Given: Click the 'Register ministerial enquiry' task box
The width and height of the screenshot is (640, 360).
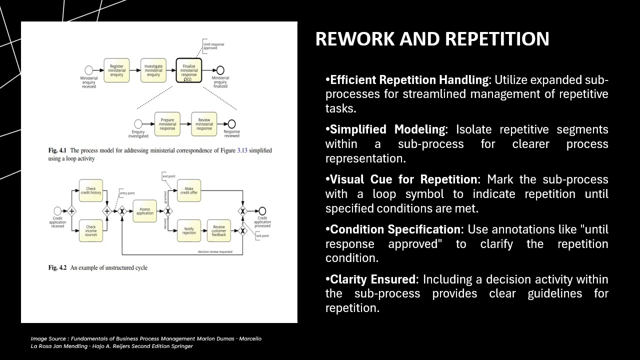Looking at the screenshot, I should tap(116, 70).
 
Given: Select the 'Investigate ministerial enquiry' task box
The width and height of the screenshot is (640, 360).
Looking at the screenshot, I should tap(153, 70).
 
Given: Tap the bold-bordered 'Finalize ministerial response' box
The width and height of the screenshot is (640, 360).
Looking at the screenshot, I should tap(189, 71).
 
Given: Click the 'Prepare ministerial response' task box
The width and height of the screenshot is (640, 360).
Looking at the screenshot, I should tap(167, 124).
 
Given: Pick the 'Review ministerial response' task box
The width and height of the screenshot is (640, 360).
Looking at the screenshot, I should tap(204, 124).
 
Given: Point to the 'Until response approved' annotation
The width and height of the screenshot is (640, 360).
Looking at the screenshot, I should tap(213, 46).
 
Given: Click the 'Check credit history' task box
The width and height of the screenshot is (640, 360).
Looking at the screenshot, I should tap(91, 190).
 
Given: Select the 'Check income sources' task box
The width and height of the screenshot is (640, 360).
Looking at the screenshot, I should tap(91, 231).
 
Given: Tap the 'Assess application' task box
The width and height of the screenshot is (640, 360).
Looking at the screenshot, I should tap(145, 211).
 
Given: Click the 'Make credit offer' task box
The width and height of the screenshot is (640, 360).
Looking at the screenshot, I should tap(188, 190).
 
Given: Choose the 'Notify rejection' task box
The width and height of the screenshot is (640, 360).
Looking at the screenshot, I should tap(188, 231).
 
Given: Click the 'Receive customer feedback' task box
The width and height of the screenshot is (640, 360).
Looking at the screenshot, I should tap(218, 231).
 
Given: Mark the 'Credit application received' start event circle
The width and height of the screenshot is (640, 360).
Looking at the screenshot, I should tap(57, 211).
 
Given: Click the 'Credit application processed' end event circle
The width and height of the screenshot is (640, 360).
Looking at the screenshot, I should tap(262, 211).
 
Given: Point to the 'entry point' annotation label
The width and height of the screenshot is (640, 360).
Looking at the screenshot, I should tap(127, 193).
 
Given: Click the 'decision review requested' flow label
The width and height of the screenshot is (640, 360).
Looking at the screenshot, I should tap(215, 251).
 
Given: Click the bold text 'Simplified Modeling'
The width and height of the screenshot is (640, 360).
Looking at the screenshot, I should tap(387, 129).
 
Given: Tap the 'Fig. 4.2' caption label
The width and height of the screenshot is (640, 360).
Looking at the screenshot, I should tap(57, 268).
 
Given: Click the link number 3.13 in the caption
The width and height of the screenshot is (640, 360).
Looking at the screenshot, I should tap(242, 150).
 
